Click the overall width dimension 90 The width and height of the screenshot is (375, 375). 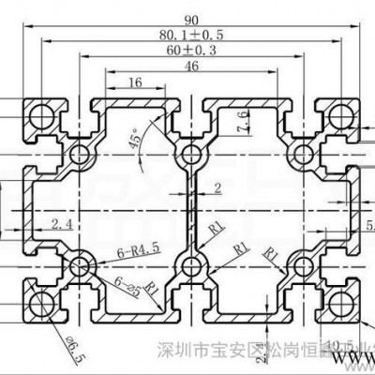click(193, 17)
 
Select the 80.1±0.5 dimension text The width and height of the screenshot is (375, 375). click(192, 37)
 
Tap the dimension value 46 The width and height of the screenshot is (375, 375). click(193, 68)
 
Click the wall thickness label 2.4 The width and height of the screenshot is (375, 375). click(62, 223)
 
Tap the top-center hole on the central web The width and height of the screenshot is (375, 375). click(192, 153)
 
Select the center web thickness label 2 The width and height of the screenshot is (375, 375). click(217, 187)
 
